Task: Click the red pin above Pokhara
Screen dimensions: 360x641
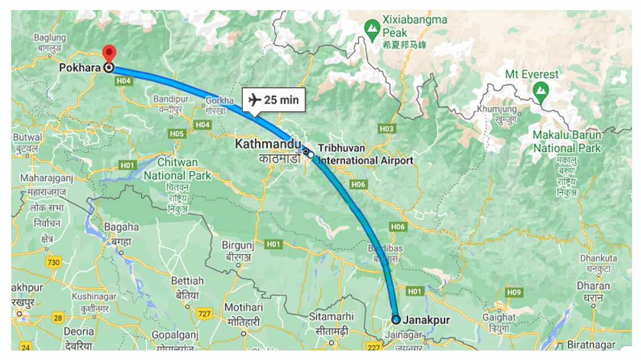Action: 110,52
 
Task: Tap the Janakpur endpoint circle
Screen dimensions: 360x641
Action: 396,319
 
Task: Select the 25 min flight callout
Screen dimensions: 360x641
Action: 274,100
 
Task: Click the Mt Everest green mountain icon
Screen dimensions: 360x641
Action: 541,89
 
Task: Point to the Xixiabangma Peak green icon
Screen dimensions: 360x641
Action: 371,27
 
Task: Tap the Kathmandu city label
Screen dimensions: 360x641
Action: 268,144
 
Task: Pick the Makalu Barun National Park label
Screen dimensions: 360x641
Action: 567,142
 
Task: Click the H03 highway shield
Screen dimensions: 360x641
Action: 387,129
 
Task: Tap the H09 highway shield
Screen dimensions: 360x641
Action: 513,292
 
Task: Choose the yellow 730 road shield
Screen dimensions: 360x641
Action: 54,262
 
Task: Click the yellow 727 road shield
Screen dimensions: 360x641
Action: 204,313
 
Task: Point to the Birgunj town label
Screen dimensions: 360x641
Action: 238,245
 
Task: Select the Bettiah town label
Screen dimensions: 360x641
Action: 187,280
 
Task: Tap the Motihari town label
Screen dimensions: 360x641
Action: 243,307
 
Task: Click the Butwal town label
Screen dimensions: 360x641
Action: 27,137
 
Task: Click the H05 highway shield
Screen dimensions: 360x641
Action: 177,134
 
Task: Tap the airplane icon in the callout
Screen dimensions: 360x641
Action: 255,100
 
